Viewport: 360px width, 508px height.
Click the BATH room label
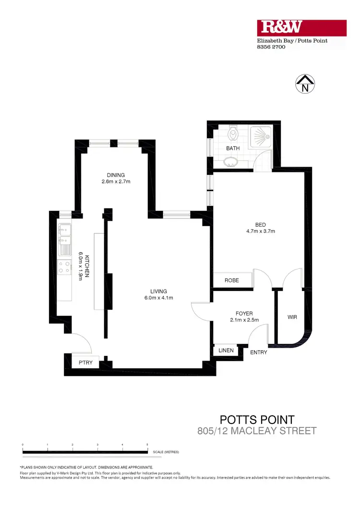click(x=233, y=148)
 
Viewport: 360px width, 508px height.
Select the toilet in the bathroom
click(x=233, y=132)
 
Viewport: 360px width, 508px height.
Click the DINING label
click(x=116, y=175)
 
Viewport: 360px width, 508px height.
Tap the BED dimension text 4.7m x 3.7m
click(x=261, y=231)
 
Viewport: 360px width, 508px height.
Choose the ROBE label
click(x=232, y=280)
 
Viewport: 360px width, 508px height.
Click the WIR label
click(x=292, y=317)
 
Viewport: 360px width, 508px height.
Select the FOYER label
click(x=244, y=314)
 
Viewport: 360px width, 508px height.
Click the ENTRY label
click(x=259, y=352)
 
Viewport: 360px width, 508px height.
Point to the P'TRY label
click(x=85, y=363)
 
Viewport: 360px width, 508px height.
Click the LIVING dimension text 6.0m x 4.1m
click(x=158, y=298)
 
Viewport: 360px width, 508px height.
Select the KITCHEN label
click(x=87, y=267)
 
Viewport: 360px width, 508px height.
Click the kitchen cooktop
click(x=64, y=268)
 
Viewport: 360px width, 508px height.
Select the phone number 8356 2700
click(x=272, y=47)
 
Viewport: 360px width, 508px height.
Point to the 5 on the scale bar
click(x=147, y=445)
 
